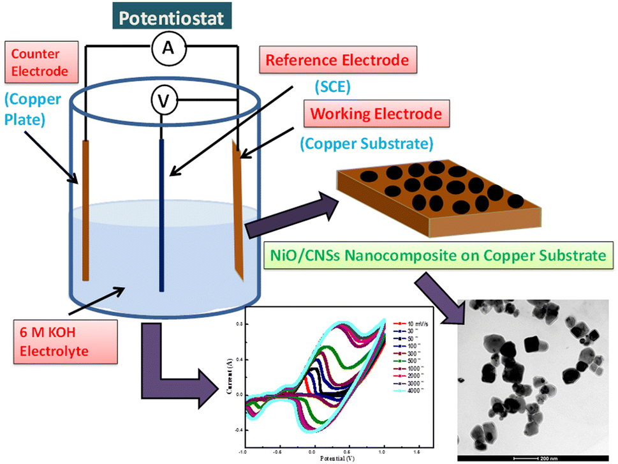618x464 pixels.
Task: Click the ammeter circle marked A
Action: [168, 50]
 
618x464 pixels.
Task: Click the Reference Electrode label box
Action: [336, 61]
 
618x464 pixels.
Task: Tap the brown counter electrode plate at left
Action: [85, 211]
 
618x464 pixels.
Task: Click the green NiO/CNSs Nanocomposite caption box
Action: [434, 257]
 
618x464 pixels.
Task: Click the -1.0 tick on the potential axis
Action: [243, 450]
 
